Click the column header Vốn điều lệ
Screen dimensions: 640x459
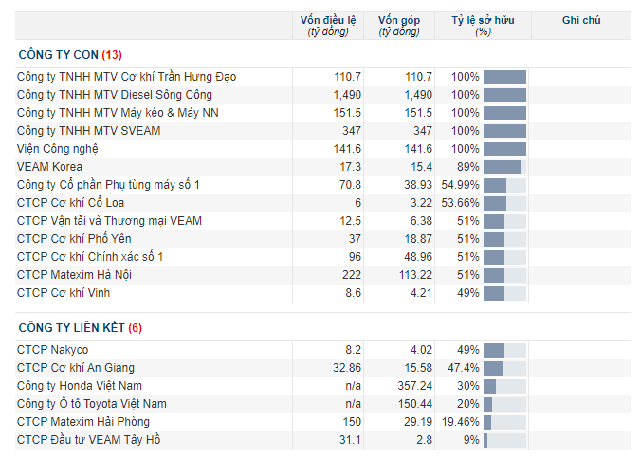click(x=328, y=21)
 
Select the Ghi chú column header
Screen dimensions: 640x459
click(x=581, y=20)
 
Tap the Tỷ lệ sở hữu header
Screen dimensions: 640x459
click(x=483, y=21)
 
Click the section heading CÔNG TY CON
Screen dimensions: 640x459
click(x=59, y=55)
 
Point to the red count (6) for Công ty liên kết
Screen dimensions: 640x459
click(x=135, y=328)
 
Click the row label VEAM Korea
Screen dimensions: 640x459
click(x=49, y=167)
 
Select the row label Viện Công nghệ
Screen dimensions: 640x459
click(x=58, y=149)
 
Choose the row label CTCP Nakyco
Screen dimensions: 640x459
click(x=53, y=350)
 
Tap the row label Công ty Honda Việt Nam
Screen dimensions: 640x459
click(x=80, y=385)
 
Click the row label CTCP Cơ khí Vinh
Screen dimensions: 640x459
click(x=64, y=293)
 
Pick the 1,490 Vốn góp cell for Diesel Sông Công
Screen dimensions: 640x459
click(x=418, y=95)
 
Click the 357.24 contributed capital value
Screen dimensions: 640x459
click(x=415, y=385)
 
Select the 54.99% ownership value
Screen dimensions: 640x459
click(x=460, y=185)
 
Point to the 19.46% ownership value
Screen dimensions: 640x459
click(x=461, y=421)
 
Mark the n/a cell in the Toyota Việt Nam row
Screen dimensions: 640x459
click(x=353, y=403)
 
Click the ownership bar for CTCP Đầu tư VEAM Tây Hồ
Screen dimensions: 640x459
click(x=485, y=440)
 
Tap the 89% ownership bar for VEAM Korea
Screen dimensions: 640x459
click(x=503, y=168)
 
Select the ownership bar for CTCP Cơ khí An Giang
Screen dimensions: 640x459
click(x=493, y=368)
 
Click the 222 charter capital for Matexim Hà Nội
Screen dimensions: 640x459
click(x=352, y=275)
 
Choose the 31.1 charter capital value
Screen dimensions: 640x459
click(x=350, y=440)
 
